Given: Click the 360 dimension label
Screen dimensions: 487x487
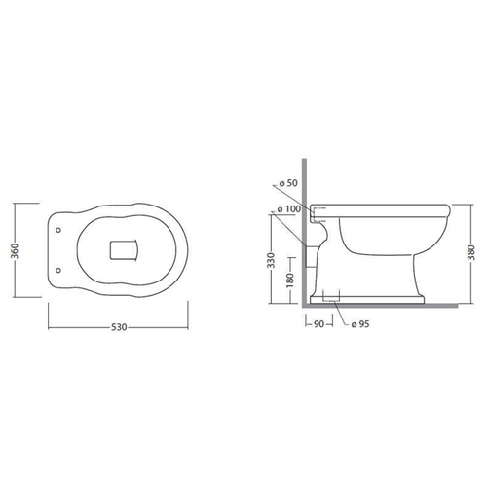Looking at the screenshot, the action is (15, 250).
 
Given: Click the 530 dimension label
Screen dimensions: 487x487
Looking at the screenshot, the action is (119, 327).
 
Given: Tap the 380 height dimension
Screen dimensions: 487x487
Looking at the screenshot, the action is (471, 252).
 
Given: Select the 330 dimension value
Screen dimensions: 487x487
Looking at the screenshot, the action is (272, 260).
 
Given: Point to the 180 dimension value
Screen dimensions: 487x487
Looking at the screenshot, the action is (290, 281).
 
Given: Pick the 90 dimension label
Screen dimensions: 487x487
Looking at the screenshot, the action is (319, 324).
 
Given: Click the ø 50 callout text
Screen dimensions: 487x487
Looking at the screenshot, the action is (288, 183).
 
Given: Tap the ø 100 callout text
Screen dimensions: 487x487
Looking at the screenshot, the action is (289, 209).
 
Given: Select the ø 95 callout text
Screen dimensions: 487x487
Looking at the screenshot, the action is (360, 324).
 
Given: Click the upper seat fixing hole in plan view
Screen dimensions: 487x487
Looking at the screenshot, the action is (58, 230).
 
